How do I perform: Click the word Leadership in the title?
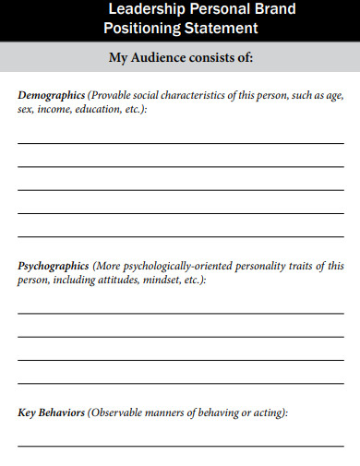coord(145,10)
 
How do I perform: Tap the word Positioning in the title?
coord(147,29)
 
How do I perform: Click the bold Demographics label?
coord(52,95)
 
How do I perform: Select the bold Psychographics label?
coord(54,266)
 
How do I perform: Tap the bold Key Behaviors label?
coord(52,413)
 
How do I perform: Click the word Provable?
coord(114,95)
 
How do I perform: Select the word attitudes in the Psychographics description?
coord(109,280)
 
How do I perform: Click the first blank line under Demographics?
coord(180,143)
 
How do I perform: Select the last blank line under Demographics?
coord(180,234)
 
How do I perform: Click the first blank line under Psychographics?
coord(180,314)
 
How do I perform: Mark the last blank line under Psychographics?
coord(180,381)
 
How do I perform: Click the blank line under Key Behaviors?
coord(180,446)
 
